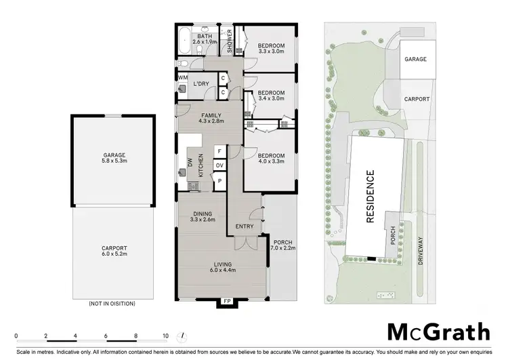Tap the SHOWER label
[x=230, y=41]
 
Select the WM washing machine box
[x=183, y=78]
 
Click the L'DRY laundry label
[x=201, y=83]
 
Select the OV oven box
[x=219, y=165]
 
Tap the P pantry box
[x=219, y=180]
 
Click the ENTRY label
[x=244, y=226]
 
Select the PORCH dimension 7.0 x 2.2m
[x=282, y=248]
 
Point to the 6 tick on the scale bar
[x=106, y=336]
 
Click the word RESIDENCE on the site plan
[x=371, y=197]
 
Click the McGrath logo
[x=438, y=332]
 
